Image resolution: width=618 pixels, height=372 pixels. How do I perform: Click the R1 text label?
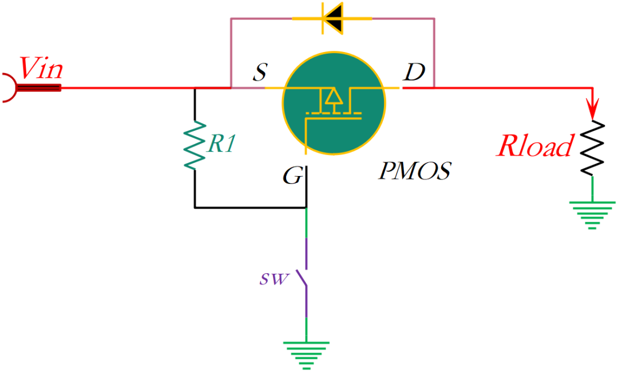221,144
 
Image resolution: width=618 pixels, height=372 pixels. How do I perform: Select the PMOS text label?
414,171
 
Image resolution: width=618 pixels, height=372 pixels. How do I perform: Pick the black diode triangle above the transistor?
334,18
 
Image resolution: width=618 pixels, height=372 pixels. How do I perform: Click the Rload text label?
534,147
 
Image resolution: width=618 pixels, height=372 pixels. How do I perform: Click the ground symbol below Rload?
592,214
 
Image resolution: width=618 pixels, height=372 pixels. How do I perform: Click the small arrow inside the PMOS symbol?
332,100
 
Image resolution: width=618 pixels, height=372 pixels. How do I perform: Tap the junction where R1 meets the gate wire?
306,207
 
